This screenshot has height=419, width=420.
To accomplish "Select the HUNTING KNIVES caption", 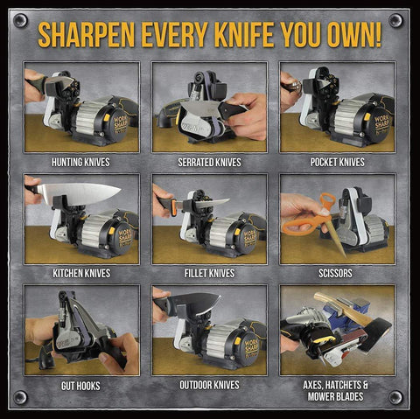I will click(81, 162).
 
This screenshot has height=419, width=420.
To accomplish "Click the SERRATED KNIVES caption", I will click(209, 162).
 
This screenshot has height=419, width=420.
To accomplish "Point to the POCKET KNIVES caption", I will click(337, 162).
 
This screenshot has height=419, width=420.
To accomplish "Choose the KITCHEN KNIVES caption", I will click(81, 273).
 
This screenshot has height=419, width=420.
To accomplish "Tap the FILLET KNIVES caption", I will click(209, 273).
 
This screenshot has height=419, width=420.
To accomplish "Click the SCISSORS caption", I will click(337, 273).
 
